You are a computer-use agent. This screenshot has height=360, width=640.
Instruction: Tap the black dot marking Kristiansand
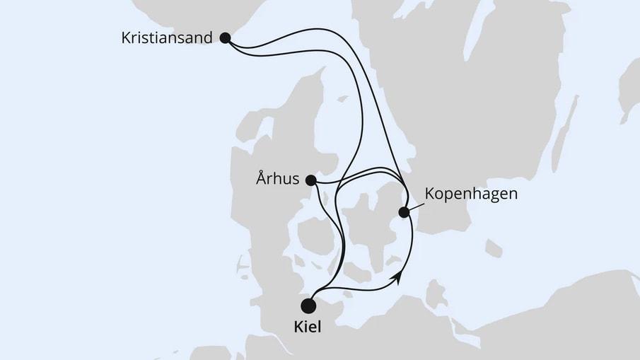pos(225,38)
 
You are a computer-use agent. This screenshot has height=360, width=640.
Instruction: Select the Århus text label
pos(277,179)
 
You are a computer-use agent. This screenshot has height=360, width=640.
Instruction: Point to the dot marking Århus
pos(310,180)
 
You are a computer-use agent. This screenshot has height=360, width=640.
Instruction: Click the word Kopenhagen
pos(472,193)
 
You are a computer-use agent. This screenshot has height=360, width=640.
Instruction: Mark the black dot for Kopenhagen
pos(404,211)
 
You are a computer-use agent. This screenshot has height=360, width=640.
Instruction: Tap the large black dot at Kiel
pos(308,306)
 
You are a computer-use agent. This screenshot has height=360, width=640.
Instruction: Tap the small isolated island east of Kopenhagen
pos(493,248)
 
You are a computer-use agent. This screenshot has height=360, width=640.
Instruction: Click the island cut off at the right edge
pos(629,92)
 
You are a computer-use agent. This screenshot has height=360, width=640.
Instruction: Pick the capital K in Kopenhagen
pos(430,192)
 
